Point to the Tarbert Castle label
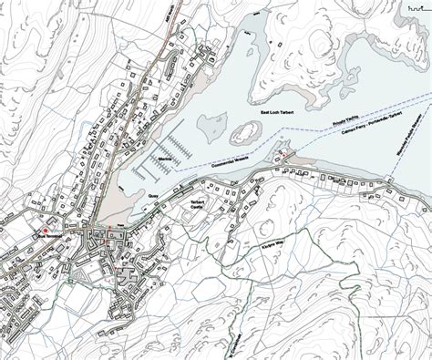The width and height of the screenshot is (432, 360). tap(194, 206)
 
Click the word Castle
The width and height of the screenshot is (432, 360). tap(194, 210)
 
